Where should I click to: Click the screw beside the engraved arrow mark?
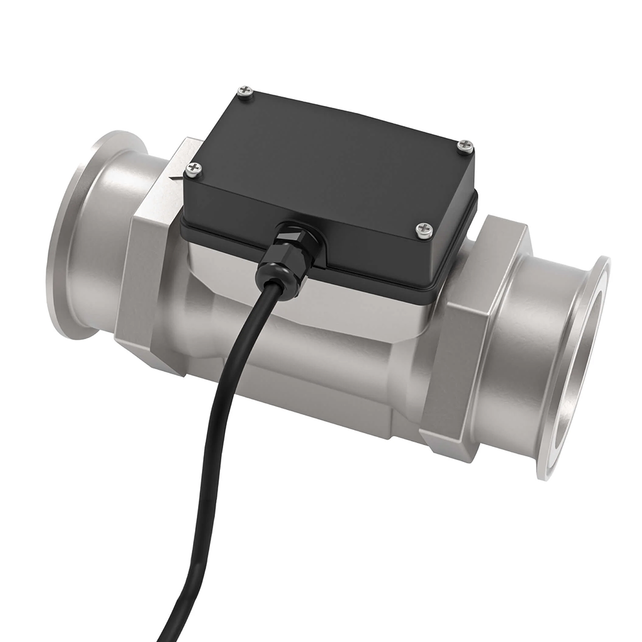[x=194, y=169]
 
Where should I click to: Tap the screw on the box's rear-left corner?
[x=246, y=94]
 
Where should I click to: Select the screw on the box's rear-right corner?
[x=465, y=146]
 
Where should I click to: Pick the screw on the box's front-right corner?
[x=424, y=229]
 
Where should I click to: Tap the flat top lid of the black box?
[x=332, y=157]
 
